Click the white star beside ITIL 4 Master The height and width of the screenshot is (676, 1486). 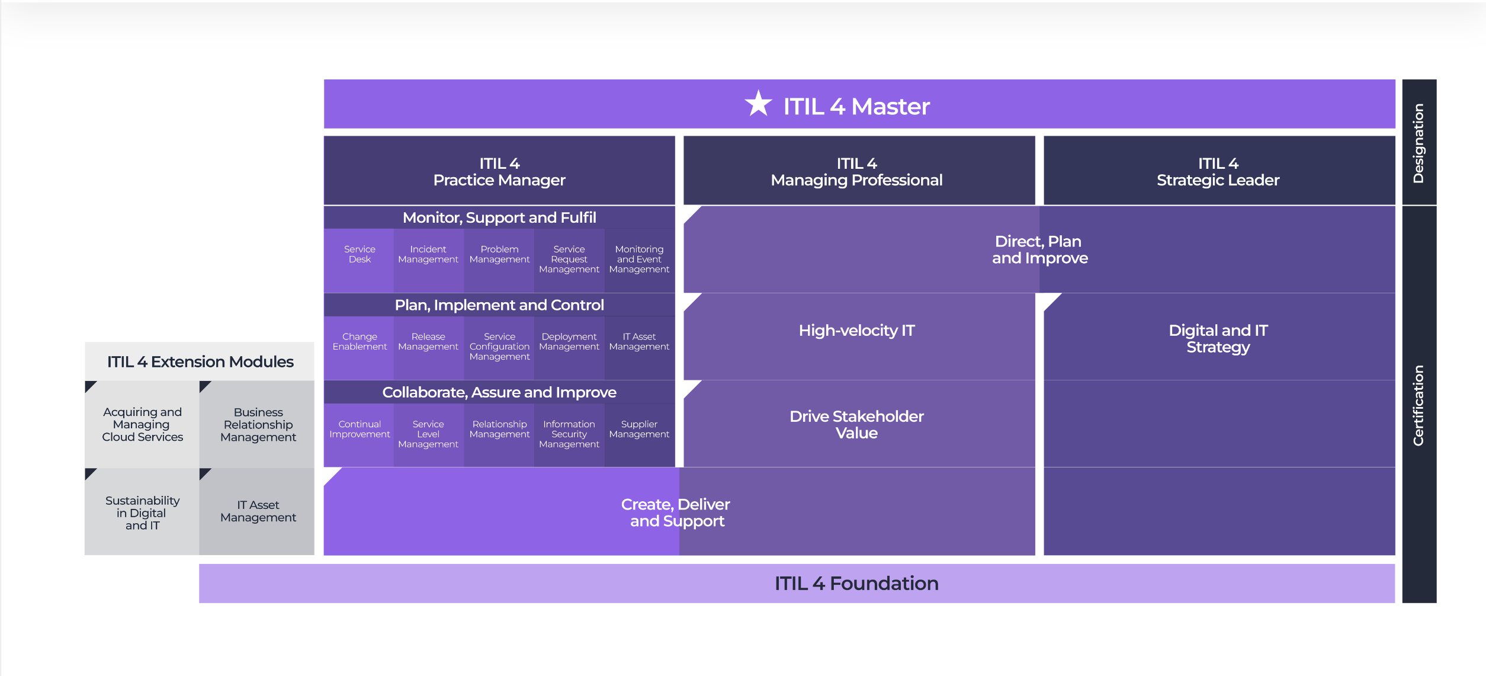(758, 104)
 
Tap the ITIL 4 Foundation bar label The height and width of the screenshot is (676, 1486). (856, 584)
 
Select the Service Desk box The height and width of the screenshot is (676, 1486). (360, 255)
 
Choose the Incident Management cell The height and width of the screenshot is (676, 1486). (428, 255)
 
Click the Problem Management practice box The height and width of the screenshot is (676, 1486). (499, 255)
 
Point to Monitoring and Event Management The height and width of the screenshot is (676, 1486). (639, 259)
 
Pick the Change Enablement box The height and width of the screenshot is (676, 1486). (360, 342)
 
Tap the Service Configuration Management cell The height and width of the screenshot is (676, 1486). (499, 347)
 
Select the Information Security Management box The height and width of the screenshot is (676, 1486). (569, 434)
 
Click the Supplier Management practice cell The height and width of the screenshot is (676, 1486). (639, 430)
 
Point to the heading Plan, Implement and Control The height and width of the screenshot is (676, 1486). (499, 305)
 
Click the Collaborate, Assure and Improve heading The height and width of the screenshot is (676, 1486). (499, 392)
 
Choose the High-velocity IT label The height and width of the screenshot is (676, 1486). (856, 331)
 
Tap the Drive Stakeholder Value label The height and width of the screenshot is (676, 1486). (856, 425)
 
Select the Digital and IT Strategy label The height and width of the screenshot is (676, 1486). (1218, 339)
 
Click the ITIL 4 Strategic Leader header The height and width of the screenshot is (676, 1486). (1218, 172)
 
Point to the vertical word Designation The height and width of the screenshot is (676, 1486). (1418, 143)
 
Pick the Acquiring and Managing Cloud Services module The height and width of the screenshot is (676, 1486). (142, 425)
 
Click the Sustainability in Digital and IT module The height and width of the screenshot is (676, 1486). (142, 513)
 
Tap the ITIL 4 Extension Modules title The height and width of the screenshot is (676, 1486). (200, 362)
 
